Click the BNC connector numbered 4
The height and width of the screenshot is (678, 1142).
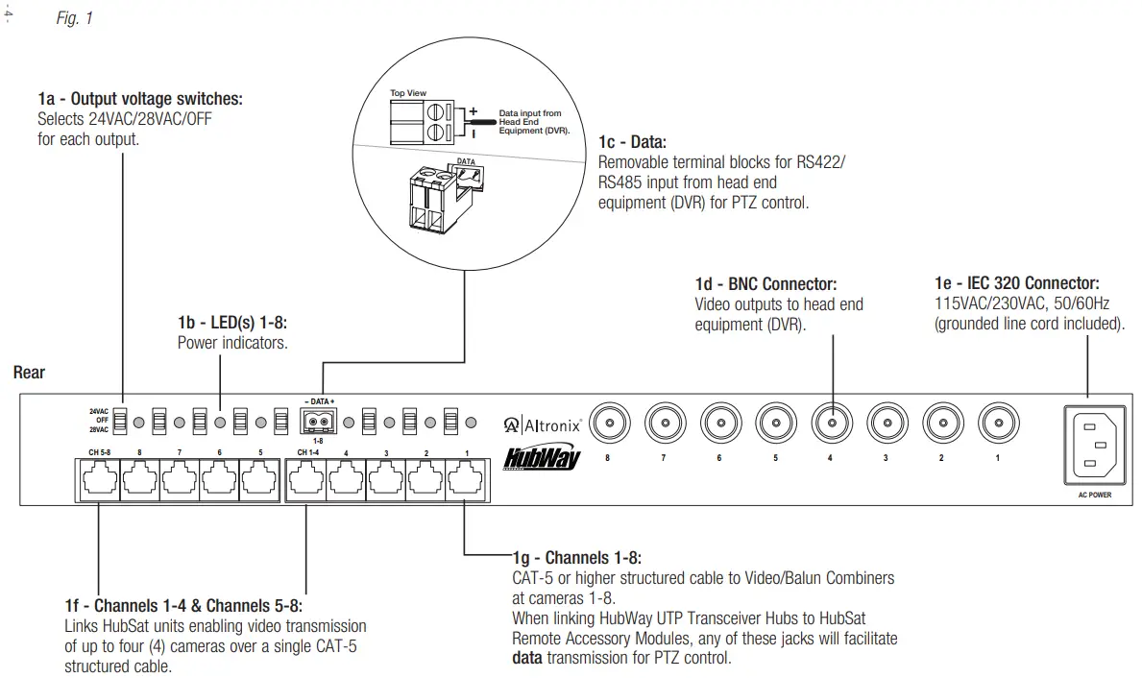coord(832,421)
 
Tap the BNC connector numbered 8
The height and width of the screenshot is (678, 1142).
coord(608,421)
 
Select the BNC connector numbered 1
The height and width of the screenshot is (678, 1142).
coord(998,421)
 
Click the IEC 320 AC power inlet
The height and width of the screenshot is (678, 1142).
coord(1088,443)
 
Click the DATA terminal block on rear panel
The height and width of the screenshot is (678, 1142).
coord(322,421)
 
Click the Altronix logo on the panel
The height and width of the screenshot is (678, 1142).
coord(543,424)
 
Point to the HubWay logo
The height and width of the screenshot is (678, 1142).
coord(543,458)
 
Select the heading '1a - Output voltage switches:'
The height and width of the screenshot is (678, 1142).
coord(140,99)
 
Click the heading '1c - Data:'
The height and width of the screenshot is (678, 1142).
coord(625,143)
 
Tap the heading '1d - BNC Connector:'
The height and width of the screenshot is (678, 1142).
coord(765,284)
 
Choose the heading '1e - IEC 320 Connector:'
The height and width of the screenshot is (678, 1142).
coord(1017,283)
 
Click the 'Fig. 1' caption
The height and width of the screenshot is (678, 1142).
coord(75,18)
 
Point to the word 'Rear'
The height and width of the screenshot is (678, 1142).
coord(29,372)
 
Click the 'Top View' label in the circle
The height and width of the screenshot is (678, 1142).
coord(407,93)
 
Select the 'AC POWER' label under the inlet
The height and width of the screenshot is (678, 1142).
coord(1088,495)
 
